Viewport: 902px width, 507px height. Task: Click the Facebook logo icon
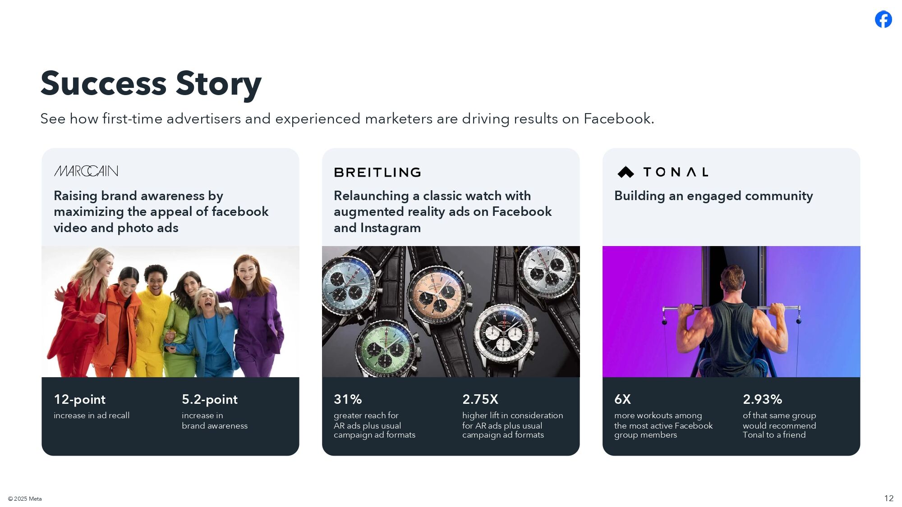[884, 19]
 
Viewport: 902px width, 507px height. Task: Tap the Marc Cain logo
[86, 171]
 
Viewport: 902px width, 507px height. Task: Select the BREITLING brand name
[377, 172]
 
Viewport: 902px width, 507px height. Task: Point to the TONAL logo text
[676, 172]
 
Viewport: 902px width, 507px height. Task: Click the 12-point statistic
[79, 399]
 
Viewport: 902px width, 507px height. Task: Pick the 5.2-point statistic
[210, 399]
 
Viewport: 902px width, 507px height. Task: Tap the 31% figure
[348, 399]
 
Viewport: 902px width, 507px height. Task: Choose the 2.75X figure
[480, 399]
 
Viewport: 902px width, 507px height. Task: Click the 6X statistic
[623, 399]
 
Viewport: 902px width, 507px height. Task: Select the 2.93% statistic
[763, 399]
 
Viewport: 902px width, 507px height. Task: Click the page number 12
[889, 498]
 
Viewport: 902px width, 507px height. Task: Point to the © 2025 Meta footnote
[25, 498]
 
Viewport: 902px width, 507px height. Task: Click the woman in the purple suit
[254, 315]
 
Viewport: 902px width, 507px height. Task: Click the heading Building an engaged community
[713, 196]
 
